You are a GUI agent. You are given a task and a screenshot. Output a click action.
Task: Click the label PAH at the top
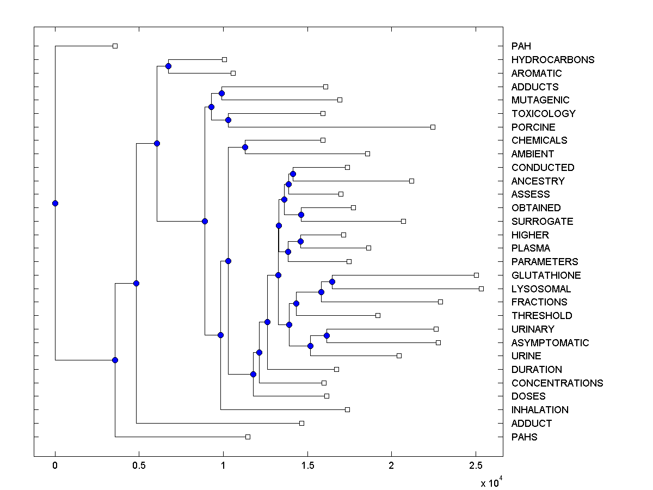pyautogui.click(x=521, y=46)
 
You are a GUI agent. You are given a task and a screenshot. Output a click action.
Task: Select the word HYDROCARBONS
pyautogui.click(x=553, y=60)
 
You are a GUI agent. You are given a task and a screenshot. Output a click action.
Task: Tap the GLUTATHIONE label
pyautogui.click(x=546, y=275)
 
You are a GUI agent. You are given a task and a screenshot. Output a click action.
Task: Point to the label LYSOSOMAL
pyautogui.click(x=541, y=289)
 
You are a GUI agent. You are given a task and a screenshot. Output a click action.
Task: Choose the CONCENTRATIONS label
pyautogui.click(x=557, y=383)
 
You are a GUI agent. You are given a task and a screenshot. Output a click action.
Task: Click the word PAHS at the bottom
pyautogui.click(x=524, y=437)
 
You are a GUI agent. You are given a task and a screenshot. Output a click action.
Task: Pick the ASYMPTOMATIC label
pyautogui.click(x=550, y=342)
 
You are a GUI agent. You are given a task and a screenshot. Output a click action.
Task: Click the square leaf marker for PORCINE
pyautogui.click(x=433, y=127)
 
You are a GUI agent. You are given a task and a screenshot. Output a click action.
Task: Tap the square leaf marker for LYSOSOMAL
pyautogui.click(x=481, y=289)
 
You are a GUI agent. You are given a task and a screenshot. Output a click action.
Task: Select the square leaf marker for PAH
pyautogui.click(x=115, y=46)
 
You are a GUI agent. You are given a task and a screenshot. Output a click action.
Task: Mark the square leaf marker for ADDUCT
pyautogui.click(x=301, y=423)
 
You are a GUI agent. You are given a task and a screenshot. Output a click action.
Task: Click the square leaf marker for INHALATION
pyautogui.click(x=347, y=409)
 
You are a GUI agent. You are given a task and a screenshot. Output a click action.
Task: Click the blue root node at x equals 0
pyautogui.click(x=55, y=203)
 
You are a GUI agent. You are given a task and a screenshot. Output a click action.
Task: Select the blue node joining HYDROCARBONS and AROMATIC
pyautogui.click(x=168, y=66)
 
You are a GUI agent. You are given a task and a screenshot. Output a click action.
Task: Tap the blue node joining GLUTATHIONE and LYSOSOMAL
pyautogui.click(x=332, y=281)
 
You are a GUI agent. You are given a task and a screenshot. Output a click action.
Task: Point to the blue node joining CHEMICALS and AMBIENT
pyautogui.click(x=245, y=147)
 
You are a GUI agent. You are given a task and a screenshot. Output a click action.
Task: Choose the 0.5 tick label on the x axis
pyautogui.click(x=139, y=467)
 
